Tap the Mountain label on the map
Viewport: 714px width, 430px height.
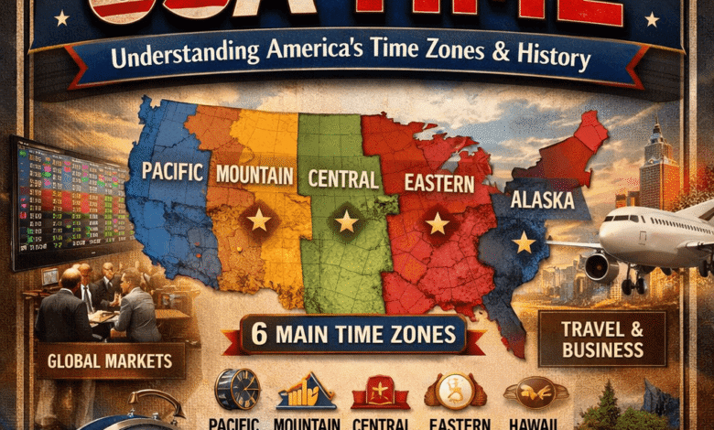[254, 174]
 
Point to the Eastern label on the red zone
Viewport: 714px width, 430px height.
[439, 183]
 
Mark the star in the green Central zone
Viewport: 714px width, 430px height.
[346, 220]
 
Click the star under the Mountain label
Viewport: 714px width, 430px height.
[259, 220]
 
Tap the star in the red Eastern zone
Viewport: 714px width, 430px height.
[438, 223]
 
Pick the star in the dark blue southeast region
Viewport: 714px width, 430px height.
[524, 242]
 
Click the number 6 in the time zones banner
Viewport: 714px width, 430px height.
[259, 335]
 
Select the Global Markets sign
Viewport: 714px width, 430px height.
[110, 360]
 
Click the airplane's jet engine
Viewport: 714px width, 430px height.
[600, 267]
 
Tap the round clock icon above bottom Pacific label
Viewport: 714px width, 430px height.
[236, 390]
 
